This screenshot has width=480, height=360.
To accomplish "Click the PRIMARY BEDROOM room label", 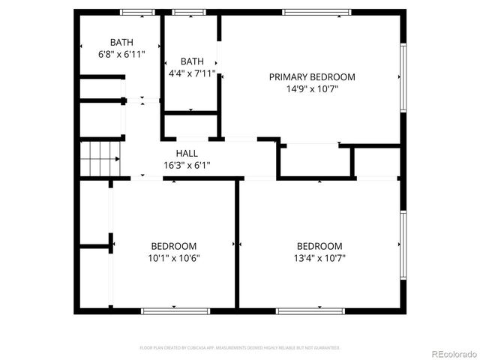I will pyautogui.click(x=312, y=76).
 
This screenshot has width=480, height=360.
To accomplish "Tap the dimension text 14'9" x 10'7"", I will pyautogui.click(x=312, y=88).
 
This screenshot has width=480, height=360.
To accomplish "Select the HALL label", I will pyautogui.click(x=187, y=153).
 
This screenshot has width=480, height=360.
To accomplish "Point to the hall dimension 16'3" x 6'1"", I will pyautogui.click(x=187, y=165).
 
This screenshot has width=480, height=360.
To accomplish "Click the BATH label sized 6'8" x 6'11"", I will pyautogui.click(x=121, y=42).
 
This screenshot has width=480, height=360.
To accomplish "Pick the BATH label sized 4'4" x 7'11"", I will pyautogui.click(x=192, y=61).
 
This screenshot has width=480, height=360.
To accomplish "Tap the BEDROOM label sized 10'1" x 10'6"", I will pyautogui.click(x=174, y=246).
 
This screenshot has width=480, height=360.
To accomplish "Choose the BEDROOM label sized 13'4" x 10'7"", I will pyautogui.click(x=319, y=246).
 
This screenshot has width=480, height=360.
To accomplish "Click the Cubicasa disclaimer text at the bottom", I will pyautogui.click(x=240, y=348).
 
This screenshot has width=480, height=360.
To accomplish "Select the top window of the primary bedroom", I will pyautogui.click(x=316, y=11).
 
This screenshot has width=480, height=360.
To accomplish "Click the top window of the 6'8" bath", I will pyautogui.click(x=137, y=11).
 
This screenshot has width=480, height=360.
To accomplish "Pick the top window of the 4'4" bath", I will pyautogui.click(x=189, y=11).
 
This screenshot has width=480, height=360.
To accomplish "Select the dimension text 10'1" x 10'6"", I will pyautogui.click(x=174, y=258).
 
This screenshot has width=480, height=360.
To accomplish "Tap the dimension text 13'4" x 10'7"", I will pyautogui.click(x=319, y=258).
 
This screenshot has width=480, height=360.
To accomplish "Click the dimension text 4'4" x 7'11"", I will pyautogui.click(x=192, y=73).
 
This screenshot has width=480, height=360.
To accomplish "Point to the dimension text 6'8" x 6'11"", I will pyautogui.click(x=121, y=54).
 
